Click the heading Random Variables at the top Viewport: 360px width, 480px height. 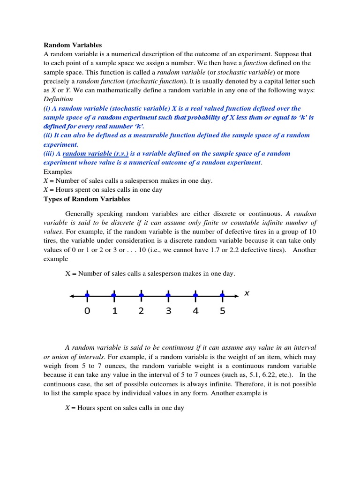pos(73,45)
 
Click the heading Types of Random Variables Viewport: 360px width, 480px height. pos(87,199)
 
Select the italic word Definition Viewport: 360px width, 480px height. pos(58,99)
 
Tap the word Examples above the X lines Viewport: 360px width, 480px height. pos(58,172)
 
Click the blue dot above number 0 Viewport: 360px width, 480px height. pos(87,295)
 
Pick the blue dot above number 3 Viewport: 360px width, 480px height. pos(168,295)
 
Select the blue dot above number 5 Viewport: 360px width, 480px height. pos(222,295)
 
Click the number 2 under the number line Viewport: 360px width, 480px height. pos(141,311)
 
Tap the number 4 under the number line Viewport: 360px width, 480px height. pos(195,311)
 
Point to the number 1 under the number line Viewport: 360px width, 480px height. pos(114,311)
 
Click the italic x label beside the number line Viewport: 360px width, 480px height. pos(247,293)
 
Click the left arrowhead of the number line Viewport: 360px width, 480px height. pos(72,296)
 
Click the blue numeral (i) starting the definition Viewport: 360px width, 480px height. pos(47,108)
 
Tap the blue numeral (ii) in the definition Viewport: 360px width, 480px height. pos(48,135)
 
